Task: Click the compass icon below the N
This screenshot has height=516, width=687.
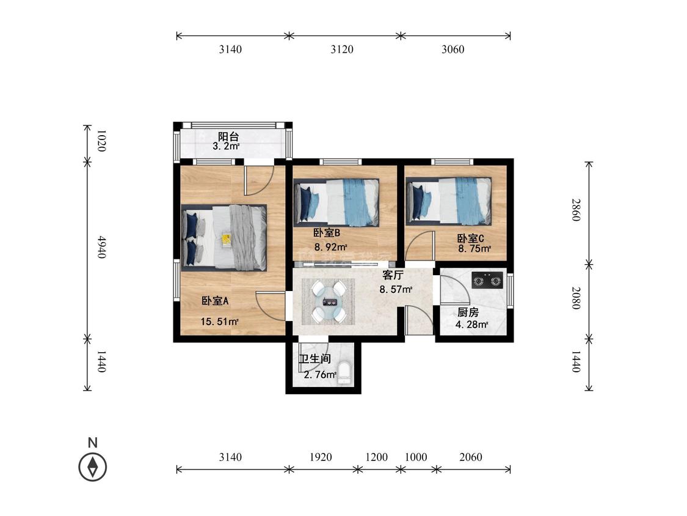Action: pyautogui.click(x=92, y=466)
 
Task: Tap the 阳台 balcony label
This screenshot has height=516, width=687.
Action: pyautogui.click(x=229, y=136)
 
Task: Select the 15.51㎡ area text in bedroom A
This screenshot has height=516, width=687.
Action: pyautogui.click(x=219, y=322)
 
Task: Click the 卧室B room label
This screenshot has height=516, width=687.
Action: pyautogui.click(x=327, y=233)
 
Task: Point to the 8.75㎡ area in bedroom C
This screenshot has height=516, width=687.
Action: pyautogui.click(x=474, y=249)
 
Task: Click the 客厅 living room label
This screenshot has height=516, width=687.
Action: pyautogui.click(x=393, y=275)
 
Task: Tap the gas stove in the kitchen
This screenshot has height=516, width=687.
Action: pyautogui.click(x=487, y=280)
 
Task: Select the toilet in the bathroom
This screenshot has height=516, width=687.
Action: pyautogui.click(x=345, y=373)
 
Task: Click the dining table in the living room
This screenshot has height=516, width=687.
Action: pyautogui.click(x=329, y=301)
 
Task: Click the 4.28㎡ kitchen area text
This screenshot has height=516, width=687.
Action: pyautogui.click(x=472, y=325)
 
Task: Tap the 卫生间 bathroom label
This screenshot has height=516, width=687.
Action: pyautogui.click(x=314, y=359)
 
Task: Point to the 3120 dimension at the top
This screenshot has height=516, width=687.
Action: pyautogui.click(x=342, y=49)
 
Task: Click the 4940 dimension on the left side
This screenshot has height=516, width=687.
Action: pyautogui.click(x=101, y=247)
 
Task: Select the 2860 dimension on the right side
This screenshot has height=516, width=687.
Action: pyautogui.click(x=576, y=210)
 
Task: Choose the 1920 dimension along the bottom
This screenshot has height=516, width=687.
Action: pyautogui.click(x=321, y=457)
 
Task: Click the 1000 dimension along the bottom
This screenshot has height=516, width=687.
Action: pyautogui.click(x=416, y=457)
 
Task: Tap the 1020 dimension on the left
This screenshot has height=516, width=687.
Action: pyautogui.click(x=101, y=141)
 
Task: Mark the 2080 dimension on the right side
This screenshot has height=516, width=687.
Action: pyautogui.click(x=576, y=298)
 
